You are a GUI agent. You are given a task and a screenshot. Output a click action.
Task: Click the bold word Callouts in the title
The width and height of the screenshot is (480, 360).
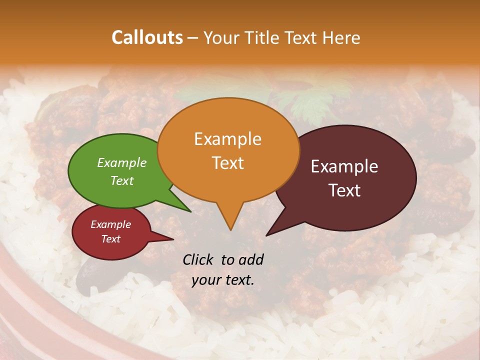[x=147, y=37]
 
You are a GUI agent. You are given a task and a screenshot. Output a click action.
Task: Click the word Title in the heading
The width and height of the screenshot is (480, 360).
[x=263, y=37]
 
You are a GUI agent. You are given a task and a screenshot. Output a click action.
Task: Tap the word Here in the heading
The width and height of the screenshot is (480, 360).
[x=342, y=37]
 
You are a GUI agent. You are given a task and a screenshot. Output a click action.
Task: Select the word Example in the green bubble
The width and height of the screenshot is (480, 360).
[x=121, y=162]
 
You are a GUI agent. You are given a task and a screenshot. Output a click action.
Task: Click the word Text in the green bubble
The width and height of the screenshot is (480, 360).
[x=121, y=180]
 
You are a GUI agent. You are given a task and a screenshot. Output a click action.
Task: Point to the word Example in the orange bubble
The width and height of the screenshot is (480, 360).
[x=227, y=138]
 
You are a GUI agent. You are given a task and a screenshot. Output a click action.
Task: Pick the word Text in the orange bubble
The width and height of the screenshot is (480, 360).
[x=227, y=162]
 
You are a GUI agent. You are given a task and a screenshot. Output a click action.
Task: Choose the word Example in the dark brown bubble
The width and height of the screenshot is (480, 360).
[x=344, y=166]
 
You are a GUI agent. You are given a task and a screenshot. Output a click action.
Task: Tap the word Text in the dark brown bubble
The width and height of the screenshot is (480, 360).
[x=344, y=190]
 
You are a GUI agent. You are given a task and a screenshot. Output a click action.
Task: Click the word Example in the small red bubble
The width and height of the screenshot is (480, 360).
[x=110, y=224]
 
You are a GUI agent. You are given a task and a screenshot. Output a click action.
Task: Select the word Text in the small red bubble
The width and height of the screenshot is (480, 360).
[x=110, y=239]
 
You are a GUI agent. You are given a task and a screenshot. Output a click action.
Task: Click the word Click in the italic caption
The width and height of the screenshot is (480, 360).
[x=198, y=259]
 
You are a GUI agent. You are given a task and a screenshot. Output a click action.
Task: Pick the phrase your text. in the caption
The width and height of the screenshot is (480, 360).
[x=222, y=280]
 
